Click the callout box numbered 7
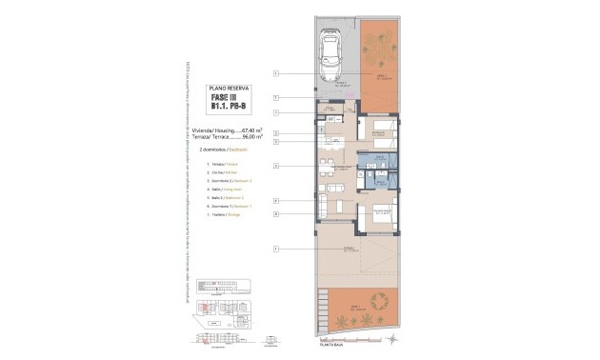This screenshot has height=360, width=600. [275, 98]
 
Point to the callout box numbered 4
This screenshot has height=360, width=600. [275, 201]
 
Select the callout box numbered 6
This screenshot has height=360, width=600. [275, 214]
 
